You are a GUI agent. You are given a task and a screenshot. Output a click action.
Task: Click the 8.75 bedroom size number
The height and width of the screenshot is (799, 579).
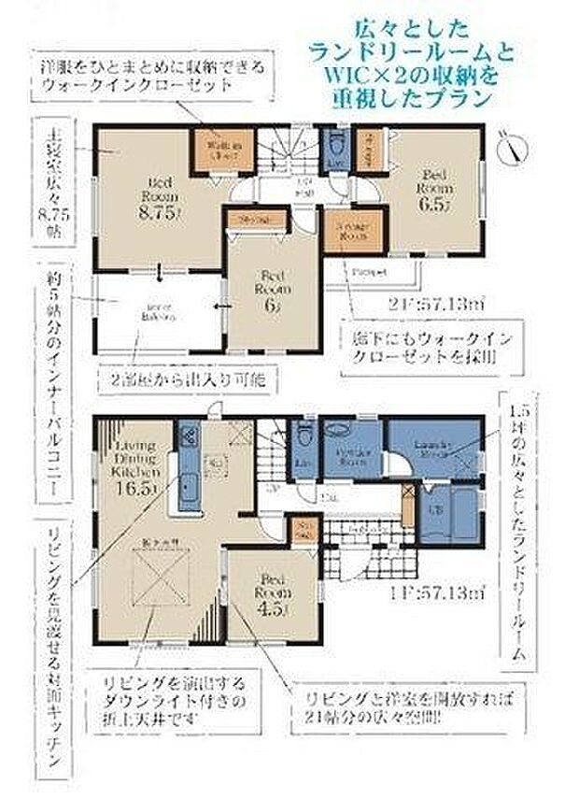(x=155, y=212)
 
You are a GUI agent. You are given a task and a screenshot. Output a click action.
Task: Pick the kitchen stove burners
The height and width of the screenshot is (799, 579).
(x=186, y=437)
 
